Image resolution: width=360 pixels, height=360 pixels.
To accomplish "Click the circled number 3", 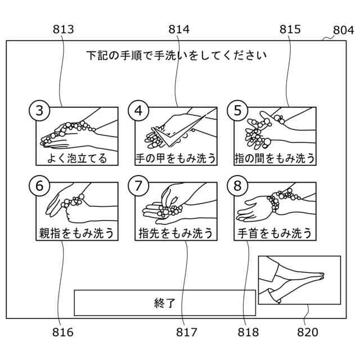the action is (39, 110).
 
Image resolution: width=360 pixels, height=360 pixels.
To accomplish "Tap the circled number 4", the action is (138, 110).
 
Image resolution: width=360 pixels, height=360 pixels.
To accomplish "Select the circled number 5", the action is (237, 110).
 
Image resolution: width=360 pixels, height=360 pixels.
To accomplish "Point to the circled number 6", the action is (39, 184).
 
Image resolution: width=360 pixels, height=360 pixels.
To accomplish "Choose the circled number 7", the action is (138, 184).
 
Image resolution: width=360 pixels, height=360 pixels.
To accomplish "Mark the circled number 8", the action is (237, 184).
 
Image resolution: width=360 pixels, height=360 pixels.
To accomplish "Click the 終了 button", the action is (165, 303).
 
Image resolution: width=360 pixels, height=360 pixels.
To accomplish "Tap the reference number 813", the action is (63, 29).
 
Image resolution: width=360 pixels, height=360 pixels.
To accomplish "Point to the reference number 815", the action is (290, 29).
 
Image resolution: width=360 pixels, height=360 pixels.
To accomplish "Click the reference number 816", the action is (62, 332).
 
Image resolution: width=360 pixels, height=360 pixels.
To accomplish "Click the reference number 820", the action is (308, 332).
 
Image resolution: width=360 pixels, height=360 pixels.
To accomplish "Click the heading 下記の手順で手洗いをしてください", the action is (176, 55).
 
